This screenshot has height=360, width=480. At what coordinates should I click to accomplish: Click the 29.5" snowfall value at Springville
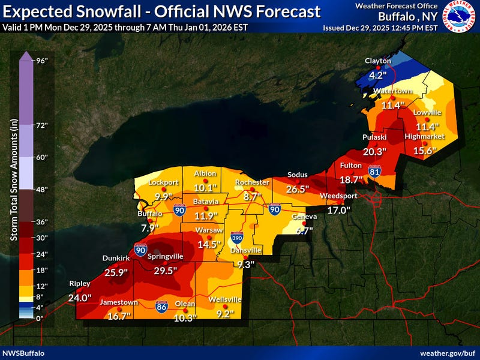tap(166, 271)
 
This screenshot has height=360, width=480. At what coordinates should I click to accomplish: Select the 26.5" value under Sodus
tap(298, 189)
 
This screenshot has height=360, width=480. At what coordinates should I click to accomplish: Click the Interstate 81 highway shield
tap(374, 172)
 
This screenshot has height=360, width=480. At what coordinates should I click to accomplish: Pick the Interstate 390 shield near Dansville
tap(238, 238)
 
